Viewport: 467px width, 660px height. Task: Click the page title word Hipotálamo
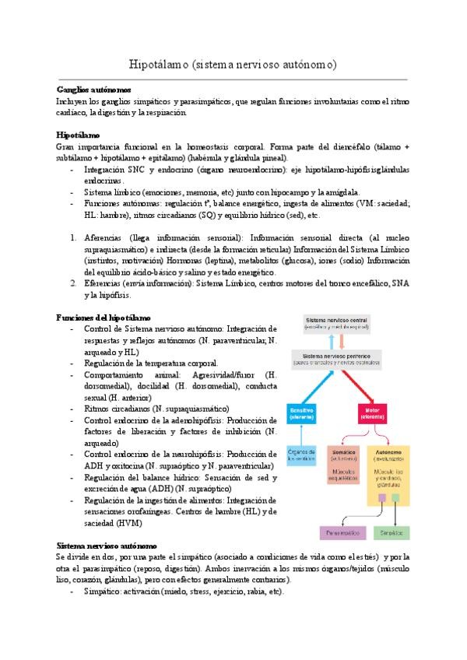click(155, 65)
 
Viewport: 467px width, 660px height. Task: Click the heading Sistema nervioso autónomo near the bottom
click(107, 546)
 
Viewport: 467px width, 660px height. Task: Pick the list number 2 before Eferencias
click(72, 283)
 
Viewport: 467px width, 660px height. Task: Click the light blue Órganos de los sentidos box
click(301, 453)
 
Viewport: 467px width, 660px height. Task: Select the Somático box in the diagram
click(342, 463)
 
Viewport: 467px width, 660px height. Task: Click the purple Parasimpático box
click(343, 533)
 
